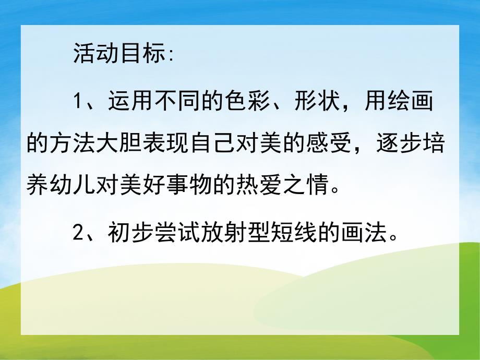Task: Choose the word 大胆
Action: (x=121, y=145)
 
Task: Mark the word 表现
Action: (x=168, y=145)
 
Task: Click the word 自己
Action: (x=215, y=145)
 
